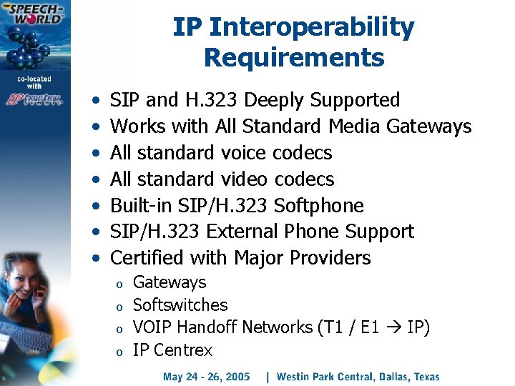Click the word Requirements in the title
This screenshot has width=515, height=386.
click(293, 57)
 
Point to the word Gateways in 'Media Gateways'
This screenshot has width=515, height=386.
click(428, 127)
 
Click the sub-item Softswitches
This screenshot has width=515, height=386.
click(180, 305)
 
